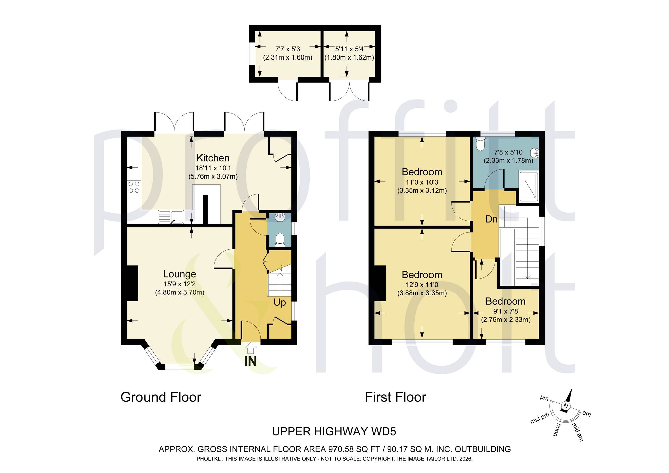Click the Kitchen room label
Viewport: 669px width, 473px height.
pos(213,158)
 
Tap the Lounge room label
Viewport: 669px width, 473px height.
pos(179,274)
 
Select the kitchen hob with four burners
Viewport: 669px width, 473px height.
pos(134,187)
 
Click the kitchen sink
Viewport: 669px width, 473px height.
pos(171,217)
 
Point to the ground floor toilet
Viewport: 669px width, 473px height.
pos(279,240)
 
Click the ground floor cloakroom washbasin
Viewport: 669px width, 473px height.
pos(280,218)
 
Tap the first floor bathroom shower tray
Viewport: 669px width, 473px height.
pos(529,187)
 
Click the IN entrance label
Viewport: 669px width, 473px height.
pos(250,361)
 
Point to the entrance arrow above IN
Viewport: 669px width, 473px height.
pos(250,348)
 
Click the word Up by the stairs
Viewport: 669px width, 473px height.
pos(280,303)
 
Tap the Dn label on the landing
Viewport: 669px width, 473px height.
pos(491,219)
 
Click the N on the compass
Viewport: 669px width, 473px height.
pos(566,406)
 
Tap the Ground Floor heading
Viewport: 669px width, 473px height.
pos(161,397)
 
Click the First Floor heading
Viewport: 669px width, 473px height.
pos(395,397)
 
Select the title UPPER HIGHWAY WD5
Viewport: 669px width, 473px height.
pos(334,432)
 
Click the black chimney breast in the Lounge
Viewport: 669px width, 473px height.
pos(132,283)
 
